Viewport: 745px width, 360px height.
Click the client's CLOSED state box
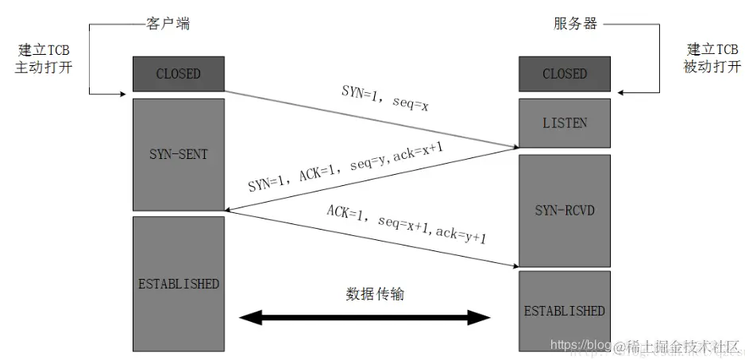178,74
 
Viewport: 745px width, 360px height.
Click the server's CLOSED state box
565,74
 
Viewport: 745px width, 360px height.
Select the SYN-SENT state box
178,154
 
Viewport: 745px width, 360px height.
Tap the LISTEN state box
565,123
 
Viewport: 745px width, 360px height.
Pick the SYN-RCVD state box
565,211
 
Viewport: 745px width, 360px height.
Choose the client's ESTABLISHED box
178,284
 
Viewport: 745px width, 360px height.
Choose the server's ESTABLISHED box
565,311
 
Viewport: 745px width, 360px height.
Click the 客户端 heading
168,23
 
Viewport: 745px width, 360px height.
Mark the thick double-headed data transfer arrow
366,318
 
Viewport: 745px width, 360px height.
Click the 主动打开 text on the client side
44,68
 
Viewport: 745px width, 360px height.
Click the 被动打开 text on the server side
712,68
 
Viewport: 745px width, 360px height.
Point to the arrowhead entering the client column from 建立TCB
125,93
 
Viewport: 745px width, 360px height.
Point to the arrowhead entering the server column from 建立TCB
622,93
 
